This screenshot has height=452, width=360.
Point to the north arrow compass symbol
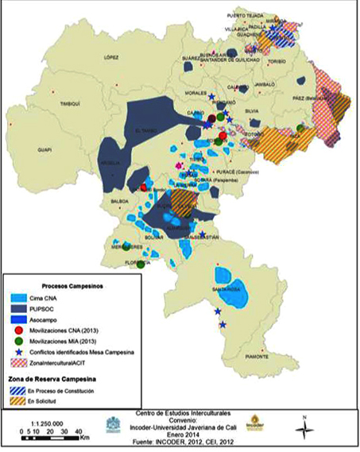tap(303, 429)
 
